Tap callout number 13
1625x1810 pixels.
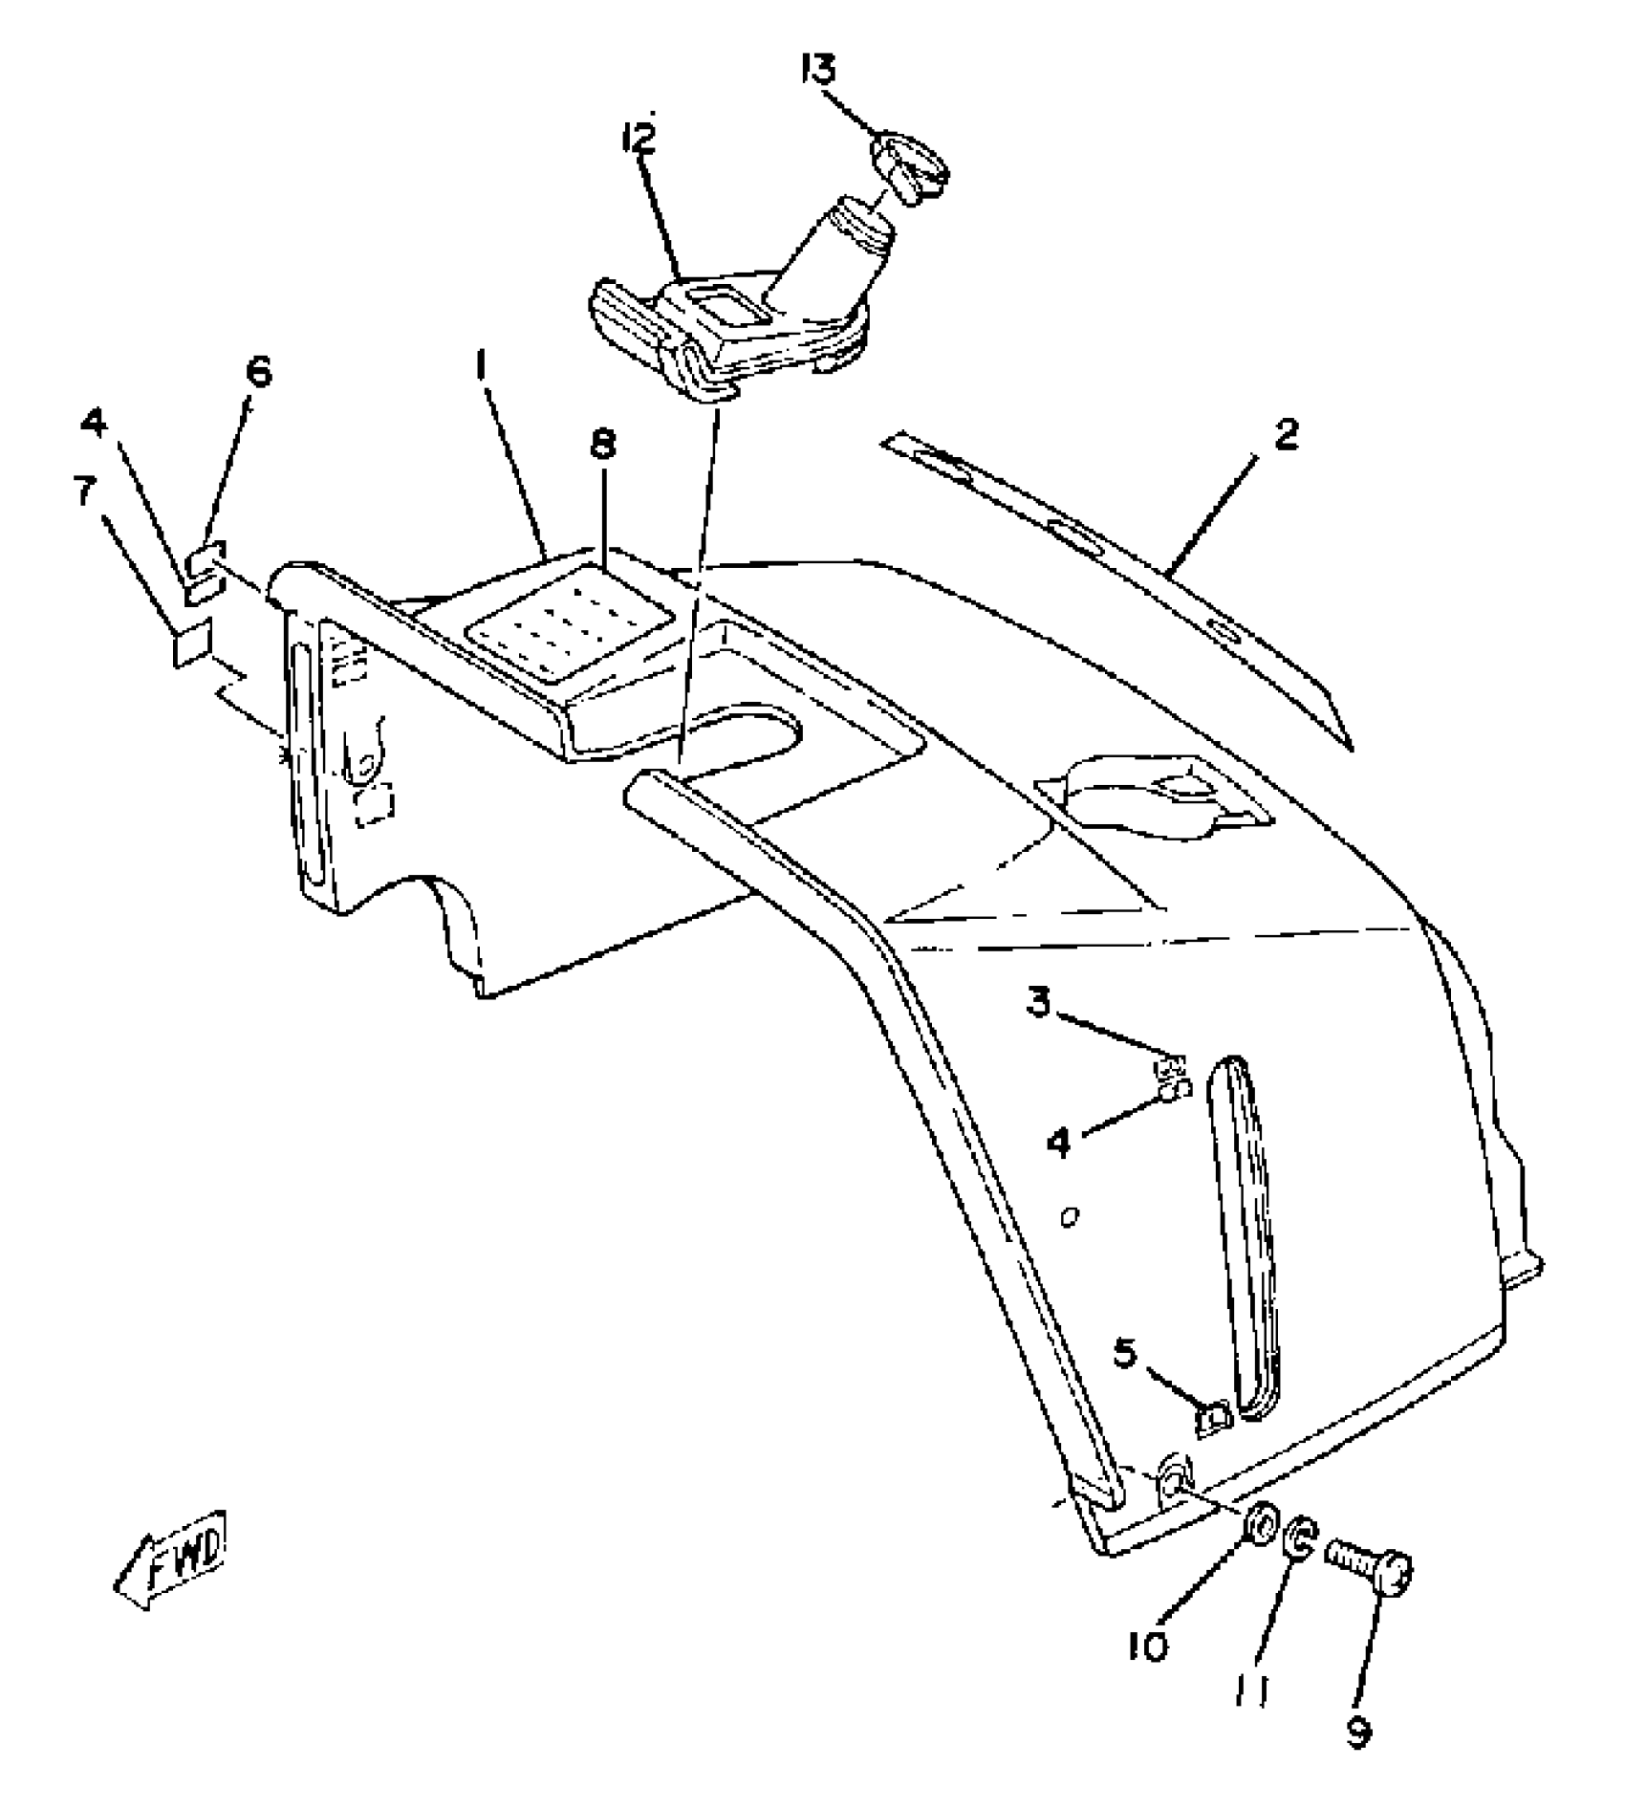(818, 71)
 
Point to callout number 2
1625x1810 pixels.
(1287, 436)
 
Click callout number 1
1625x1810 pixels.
(482, 366)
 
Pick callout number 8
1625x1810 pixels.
(603, 445)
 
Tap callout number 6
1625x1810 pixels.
(257, 372)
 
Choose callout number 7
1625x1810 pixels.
(86, 494)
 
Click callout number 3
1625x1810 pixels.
(1040, 1003)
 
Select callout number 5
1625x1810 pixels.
(1126, 1353)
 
